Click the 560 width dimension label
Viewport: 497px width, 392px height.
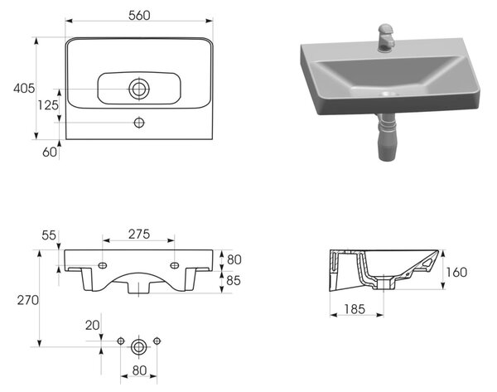click(139, 15)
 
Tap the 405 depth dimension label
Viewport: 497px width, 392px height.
click(24, 88)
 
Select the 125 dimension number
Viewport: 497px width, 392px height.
click(48, 105)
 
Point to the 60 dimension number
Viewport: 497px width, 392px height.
click(50, 152)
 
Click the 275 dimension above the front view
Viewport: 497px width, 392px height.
click(139, 234)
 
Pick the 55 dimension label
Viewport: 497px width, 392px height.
click(49, 235)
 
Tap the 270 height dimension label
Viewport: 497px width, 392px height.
click(28, 300)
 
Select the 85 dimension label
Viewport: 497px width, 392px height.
click(234, 280)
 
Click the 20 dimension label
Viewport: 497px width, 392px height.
click(92, 326)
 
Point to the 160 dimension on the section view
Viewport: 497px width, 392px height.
click(456, 272)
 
